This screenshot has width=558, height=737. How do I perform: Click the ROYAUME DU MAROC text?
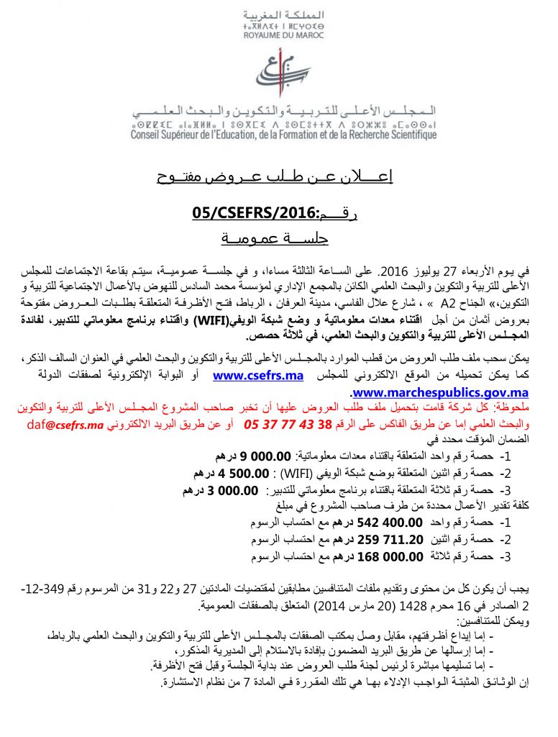(283, 35)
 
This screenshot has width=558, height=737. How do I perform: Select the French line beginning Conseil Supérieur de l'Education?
(283, 135)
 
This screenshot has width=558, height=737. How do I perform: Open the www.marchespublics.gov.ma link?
(441, 392)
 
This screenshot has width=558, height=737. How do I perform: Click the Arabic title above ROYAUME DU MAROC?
(283, 14)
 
